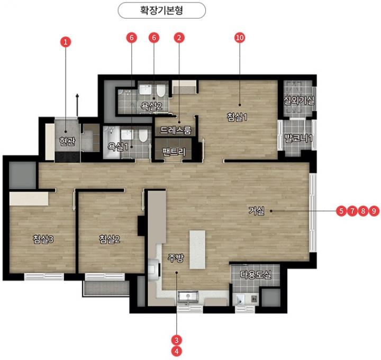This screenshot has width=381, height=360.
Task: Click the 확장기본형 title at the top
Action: [x=161, y=10]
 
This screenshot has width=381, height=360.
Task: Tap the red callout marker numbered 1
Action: [x=66, y=42]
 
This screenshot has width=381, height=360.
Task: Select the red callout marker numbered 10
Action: [x=240, y=38]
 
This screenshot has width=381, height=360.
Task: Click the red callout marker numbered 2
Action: [x=179, y=38]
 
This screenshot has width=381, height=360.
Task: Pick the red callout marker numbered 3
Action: [x=177, y=340]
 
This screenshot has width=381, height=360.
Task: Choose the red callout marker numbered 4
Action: [x=177, y=351]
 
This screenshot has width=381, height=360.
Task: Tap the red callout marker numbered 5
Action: [x=341, y=211]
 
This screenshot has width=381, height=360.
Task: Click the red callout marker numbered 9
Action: [x=374, y=211]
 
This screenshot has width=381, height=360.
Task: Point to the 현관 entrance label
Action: [x=67, y=141]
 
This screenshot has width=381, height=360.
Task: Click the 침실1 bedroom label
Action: [x=237, y=117]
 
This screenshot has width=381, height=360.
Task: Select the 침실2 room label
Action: [x=110, y=239]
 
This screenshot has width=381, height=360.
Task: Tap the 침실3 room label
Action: [x=43, y=239]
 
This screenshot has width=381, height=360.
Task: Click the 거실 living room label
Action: [x=256, y=211]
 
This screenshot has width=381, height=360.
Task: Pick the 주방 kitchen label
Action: [x=176, y=258]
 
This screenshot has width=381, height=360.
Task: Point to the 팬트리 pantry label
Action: [x=174, y=152]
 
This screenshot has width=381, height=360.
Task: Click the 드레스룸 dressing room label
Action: [x=176, y=131]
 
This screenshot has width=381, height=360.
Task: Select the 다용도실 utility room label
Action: [x=256, y=275]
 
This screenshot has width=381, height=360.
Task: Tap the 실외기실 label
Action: [x=299, y=100]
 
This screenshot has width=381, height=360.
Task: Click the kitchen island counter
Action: [x=197, y=250]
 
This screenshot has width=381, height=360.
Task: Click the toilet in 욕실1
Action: [x=143, y=136]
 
